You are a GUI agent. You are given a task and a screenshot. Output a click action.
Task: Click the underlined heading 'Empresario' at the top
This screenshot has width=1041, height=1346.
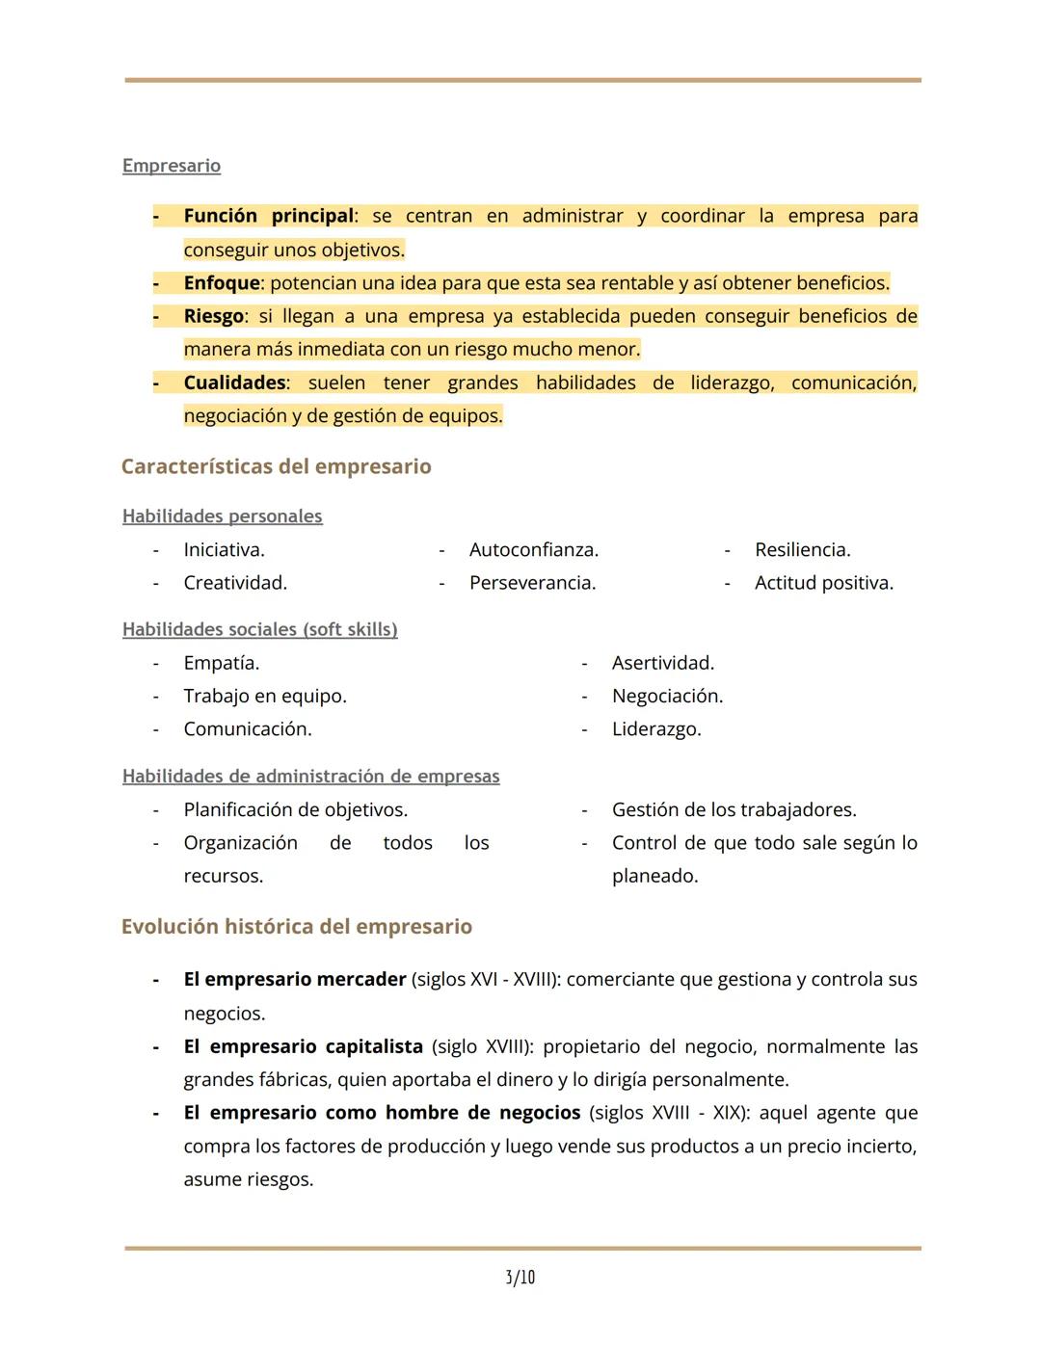pyautogui.click(x=172, y=166)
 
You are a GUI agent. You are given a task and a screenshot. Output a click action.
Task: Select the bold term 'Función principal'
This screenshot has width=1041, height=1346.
pyautogui.click(x=269, y=216)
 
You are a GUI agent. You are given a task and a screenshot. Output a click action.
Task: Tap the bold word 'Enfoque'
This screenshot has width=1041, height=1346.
pyautogui.click(x=222, y=283)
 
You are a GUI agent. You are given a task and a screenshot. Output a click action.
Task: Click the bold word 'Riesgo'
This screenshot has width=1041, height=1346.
pyautogui.click(x=213, y=316)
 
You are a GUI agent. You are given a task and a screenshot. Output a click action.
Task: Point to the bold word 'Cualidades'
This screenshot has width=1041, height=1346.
pyautogui.click(x=234, y=383)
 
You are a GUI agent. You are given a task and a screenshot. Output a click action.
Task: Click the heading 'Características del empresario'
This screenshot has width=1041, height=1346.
pyautogui.click(x=276, y=466)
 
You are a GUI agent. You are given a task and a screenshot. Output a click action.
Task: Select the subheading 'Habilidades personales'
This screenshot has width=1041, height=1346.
pyautogui.click(x=222, y=516)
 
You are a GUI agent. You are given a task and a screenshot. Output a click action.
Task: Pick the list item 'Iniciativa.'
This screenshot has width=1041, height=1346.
pyautogui.click(x=224, y=550)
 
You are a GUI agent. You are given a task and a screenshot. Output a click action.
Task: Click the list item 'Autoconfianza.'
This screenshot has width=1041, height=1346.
pyautogui.click(x=533, y=550)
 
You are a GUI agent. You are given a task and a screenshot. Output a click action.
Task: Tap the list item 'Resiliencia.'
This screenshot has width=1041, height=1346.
pyautogui.click(x=802, y=550)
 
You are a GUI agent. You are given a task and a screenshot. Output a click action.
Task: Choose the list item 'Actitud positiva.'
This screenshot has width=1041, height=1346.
pyautogui.click(x=823, y=583)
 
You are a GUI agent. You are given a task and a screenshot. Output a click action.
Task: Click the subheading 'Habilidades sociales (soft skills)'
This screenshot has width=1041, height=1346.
pyautogui.click(x=259, y=630)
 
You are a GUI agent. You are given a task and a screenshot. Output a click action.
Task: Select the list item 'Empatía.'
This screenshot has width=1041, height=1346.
pyautogui.click(x=221, y=663)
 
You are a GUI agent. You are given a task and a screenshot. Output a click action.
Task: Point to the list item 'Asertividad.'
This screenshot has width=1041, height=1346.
pyautogui.click(x=662, y=663)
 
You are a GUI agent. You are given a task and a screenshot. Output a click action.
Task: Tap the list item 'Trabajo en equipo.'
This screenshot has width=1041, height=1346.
pyautogui.click(x=265, y=696)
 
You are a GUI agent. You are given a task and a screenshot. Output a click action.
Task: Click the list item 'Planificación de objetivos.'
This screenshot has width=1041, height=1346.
pyautogui.click(x=295, y=810)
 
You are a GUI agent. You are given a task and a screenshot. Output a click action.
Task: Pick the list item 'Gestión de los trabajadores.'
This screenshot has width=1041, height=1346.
pyautogui.click(x=734, y=810)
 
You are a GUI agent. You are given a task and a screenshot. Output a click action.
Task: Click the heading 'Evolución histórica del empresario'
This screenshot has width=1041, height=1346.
pyautogui.click(x=296, y=927)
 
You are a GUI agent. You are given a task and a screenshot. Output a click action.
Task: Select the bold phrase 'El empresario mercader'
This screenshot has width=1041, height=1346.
pyautogui.click(x=295, y=980)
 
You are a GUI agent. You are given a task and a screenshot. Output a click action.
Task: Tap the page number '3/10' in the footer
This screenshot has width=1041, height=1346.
pyautogui.click(x=520, y=1278)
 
